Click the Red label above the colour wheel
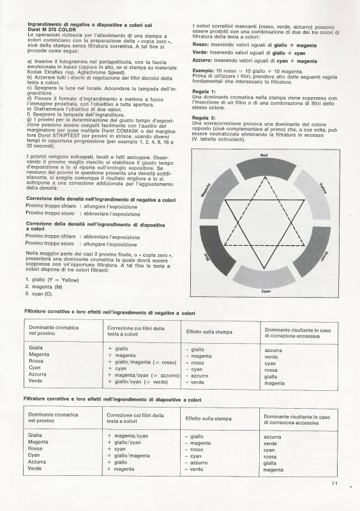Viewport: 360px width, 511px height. tap(266, 155)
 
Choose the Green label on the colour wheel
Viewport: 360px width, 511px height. tap(325, 257)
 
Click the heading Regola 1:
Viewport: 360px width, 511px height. tap(204, 91)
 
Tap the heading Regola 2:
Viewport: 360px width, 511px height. tap(204, 118)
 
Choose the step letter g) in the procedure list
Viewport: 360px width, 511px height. tap(29, 118)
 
